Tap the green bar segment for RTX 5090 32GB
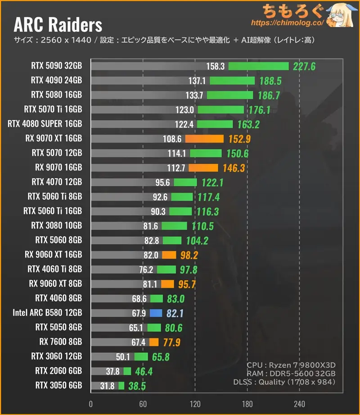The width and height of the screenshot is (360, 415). pyautogui.click(x=258, y=66)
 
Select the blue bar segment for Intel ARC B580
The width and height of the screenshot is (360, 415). pyautogui.click(x=155, y=313)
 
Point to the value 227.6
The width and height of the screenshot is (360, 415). pyautogui.click(x=304, y=67)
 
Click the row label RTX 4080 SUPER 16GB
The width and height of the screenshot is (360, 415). pyautogui.click(x=45, y=124)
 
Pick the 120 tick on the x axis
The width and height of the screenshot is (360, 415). pyautogui.click(x=195, y=403)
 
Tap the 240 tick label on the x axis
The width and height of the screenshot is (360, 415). pyautogui.click(x=299, y=403)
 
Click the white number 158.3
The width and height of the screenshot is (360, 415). pyautogui.click(x=215, y=67)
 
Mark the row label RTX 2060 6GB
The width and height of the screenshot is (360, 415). pyautogui.click(x=59, y=371)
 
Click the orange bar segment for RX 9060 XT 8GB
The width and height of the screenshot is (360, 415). pyautogui.click(x=167, y=284)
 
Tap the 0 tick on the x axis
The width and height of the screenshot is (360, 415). pyautogui.click(x=91, y=403)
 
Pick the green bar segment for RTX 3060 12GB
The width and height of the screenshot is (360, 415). pyautogui.click(x=141, y=357)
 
